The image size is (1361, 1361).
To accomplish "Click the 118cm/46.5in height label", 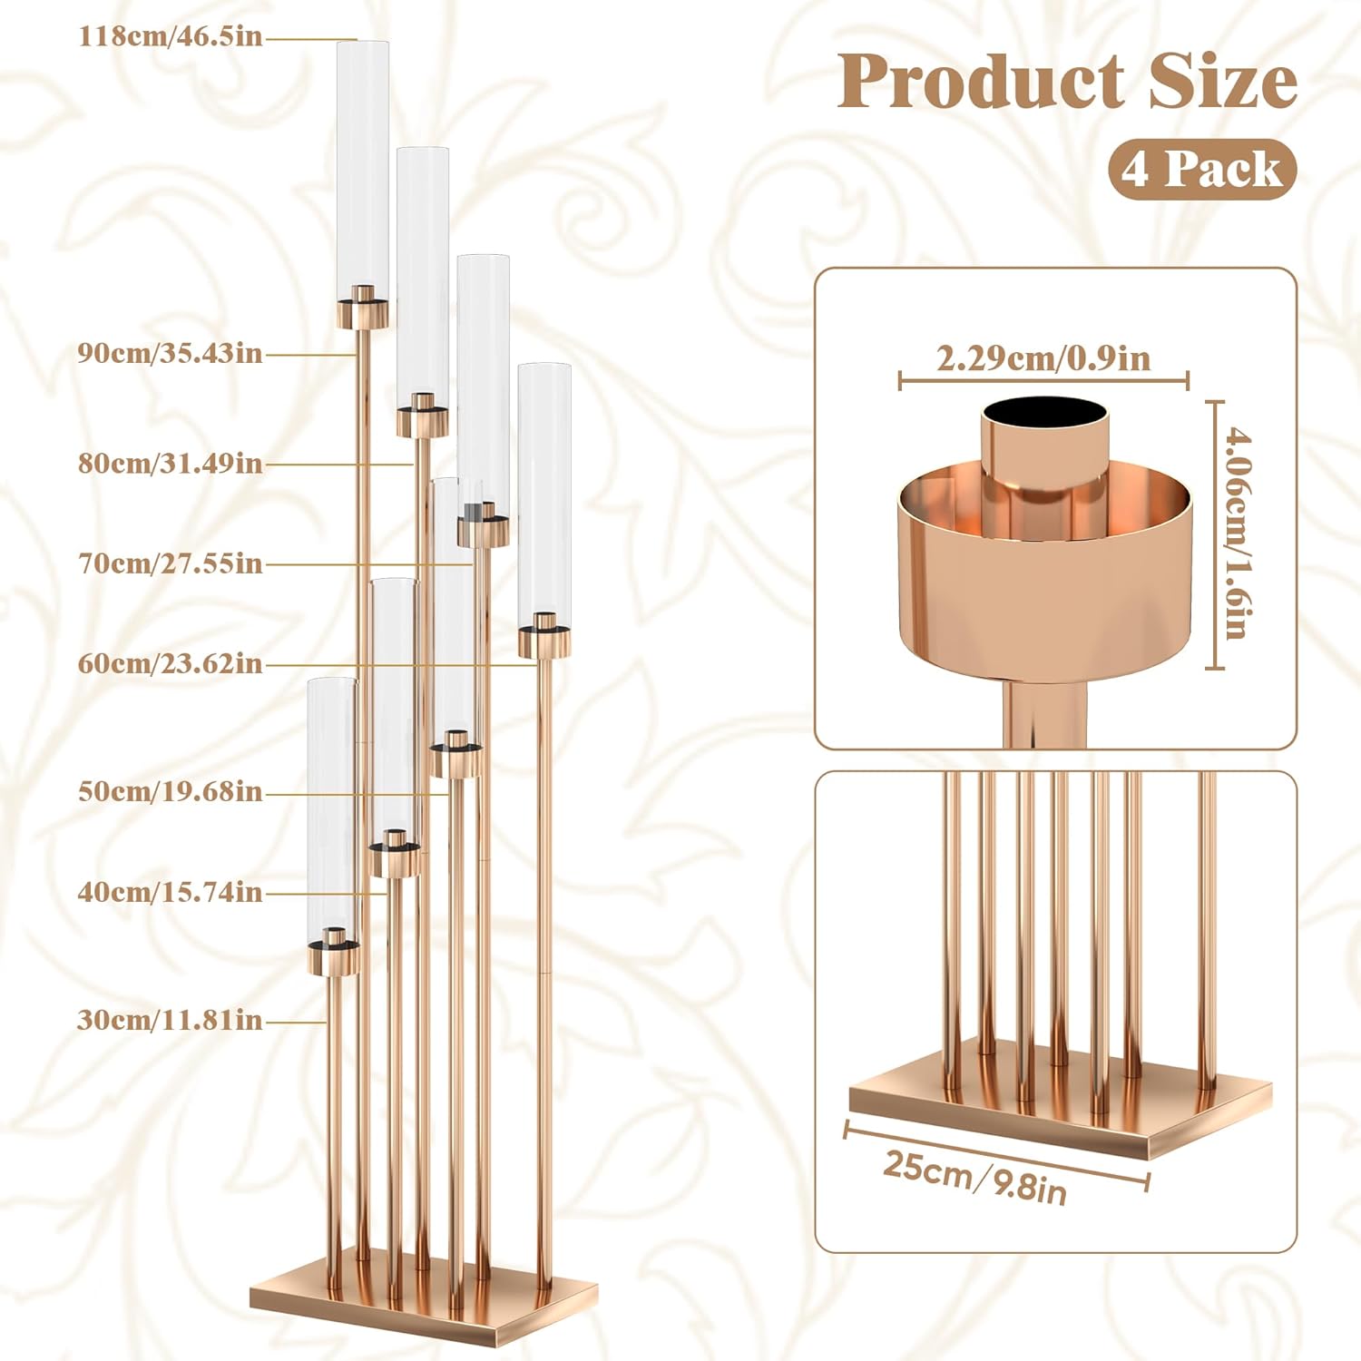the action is click(x=171, y=37).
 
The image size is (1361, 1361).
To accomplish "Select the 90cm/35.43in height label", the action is click(x=170, y=353).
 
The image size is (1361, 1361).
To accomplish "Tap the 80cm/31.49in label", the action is click(x=170, y=464).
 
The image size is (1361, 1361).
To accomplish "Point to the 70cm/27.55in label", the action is click(x=170, y=563).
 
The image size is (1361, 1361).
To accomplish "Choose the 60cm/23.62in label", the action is click(x=170, y=664).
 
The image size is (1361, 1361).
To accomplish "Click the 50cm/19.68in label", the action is click(x=170, y=792).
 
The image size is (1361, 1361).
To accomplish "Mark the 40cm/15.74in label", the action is click(x=170, y=893).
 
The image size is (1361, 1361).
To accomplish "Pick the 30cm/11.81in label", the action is click(x=170, y=1021).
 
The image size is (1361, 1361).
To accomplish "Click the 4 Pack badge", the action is click(x=1202, y=170).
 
